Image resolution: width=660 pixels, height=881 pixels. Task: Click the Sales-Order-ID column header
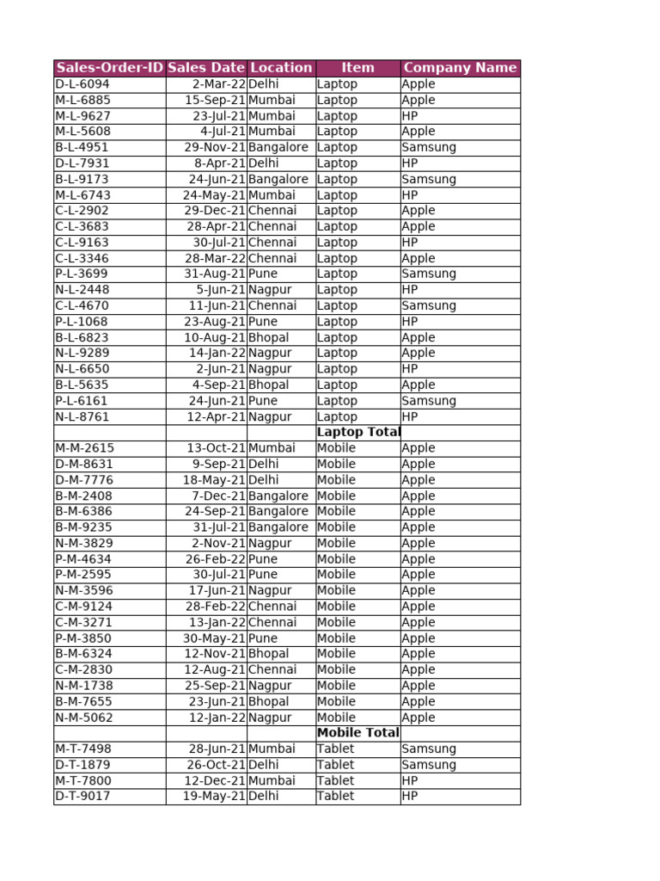(109, 68)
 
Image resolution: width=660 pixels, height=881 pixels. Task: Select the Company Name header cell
(460, 68)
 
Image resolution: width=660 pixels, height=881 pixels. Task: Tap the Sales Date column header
(206, 68)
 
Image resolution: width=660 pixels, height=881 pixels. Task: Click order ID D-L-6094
(82, 84)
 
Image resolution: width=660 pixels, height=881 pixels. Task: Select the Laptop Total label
(358, 432)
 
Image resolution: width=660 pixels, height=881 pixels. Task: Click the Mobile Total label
(358, 733)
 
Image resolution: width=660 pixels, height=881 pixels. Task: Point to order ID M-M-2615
(85, 448)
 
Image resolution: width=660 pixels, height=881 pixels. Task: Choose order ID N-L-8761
(82, 416)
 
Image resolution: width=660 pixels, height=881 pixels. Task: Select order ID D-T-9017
(83, 797)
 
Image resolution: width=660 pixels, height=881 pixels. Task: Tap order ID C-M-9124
(84, 607)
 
